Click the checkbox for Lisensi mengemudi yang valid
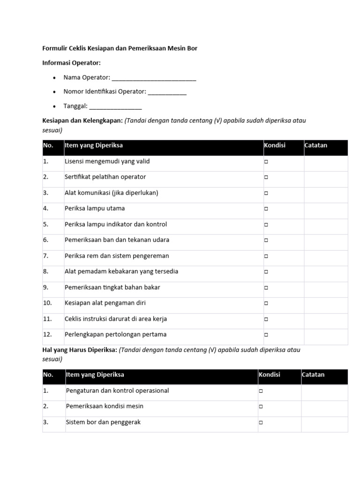pyautogui.click(x=266, y=162)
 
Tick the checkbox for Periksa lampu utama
pyautogui.click(x=266, y=209)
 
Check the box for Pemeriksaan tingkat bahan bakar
pyautogui.click(x=266, y=287)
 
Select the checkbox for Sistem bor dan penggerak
pyautogui.click(x=261, y=422)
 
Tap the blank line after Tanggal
pyautogui.click(x=115, y=106)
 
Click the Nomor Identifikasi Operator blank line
pyautogui.click(x=167, y=92)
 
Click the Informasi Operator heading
pyautogui.click(x=71, y=63)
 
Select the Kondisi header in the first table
pyautogui.click(x=275, y=145)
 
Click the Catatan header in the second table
pyautogui.click(x=313, y=375)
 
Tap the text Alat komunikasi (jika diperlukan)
pyautogui.click(x=111, y=193)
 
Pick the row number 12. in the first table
pyautogui.click(x=47, y=335)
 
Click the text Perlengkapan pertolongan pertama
pyautogui.click(x=115, y=335)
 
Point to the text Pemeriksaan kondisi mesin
pyautogui.click(x=105, y=406)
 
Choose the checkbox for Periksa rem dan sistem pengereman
pyautogui.click(x=266, y=256)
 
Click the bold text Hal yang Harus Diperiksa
pyautogui.click(x=80, y=350)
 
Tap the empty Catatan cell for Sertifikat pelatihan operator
pyautogui.click(x=326, y=177)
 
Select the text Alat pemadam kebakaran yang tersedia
pyautogui.click(x=121, y=271)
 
